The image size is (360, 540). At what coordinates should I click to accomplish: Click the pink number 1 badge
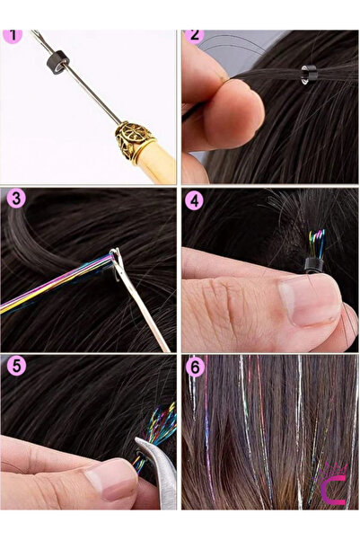13,38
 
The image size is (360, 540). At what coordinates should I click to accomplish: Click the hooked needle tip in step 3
114,260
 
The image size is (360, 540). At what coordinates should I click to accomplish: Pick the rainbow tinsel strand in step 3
54,283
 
